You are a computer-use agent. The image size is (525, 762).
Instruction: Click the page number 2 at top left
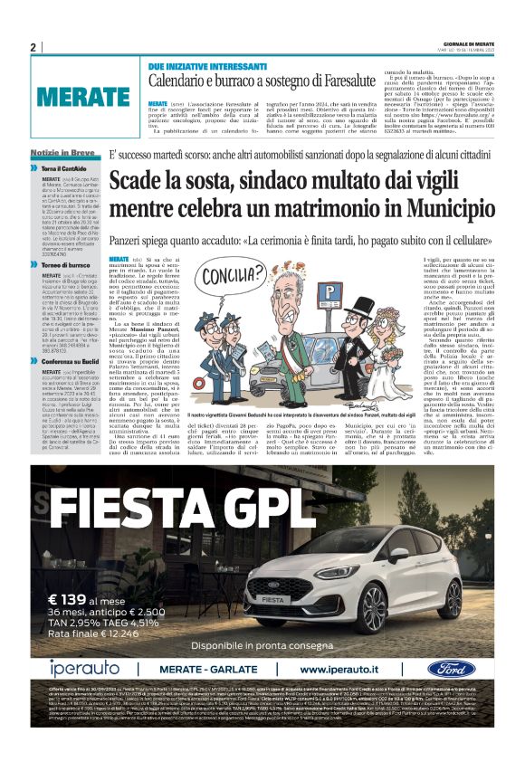[33, 47]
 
